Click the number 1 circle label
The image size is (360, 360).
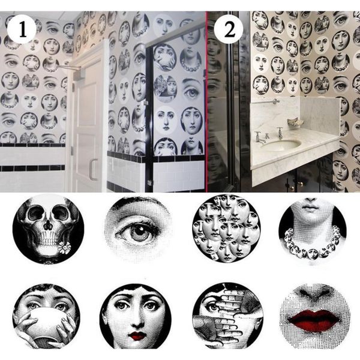tap(22, 29)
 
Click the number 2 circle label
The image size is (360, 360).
tap(229, 29)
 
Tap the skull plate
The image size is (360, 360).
tap(48, 229)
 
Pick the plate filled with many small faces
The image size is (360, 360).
tap(226, 229)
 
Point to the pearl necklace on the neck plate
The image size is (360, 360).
tap(312, 244)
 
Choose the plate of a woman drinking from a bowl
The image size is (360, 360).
tap(47, 316)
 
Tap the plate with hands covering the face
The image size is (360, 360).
tap(227, 317)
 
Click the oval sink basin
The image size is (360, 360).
tap(281, 145)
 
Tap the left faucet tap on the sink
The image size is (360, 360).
tap(259, 137)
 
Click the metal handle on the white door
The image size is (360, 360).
tap(93, 169)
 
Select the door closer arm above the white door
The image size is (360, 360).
tap(70, 67)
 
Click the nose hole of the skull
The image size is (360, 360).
tap(48, 225)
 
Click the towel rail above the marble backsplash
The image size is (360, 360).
tap(265, 102)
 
